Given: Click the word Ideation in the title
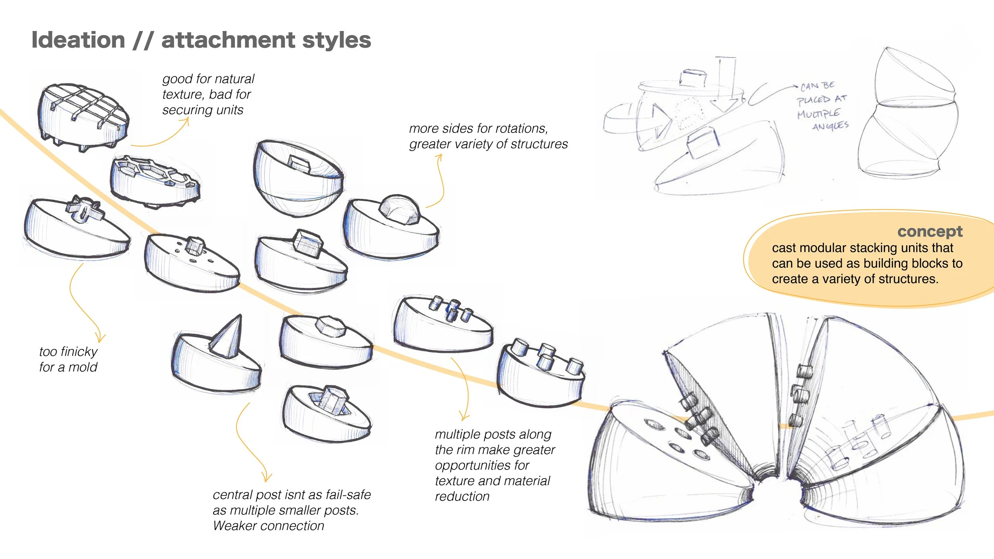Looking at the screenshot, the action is (x=78, y=40).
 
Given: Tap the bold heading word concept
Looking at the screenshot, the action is (x=930, y=232).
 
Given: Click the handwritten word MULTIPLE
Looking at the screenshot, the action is (x=818, y=114).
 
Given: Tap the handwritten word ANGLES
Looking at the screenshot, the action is (x=831, y=126).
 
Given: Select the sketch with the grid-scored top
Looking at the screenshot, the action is (x=83, y=117).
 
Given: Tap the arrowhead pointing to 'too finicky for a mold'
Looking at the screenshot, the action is (x=101, y=338).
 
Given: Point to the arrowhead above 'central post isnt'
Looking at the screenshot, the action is (x=267, y=477).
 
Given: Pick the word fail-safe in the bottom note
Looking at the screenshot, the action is (x=348, y=495).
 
